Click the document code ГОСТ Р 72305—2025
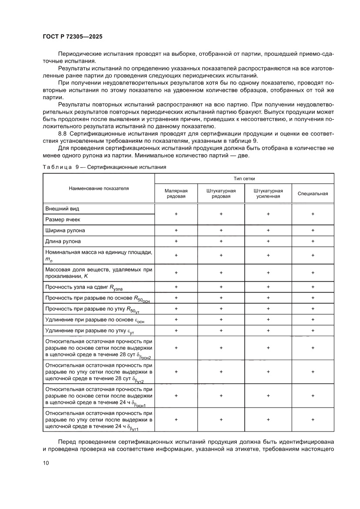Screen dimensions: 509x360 [73, 37]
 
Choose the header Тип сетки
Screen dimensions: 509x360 [245, 179]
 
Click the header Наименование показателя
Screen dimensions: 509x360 [99, 189]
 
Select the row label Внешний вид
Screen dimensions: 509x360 [62, 209]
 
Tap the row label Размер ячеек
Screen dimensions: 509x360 [63, 220]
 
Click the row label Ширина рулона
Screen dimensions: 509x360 [65, 230]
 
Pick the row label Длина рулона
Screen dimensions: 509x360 [63, 241]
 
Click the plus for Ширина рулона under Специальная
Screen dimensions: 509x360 [313, 230]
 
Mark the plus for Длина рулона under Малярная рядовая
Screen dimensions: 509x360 [176, 241]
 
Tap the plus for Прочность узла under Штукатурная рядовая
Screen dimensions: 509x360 [221, 287]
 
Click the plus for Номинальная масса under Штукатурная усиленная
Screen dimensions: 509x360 [268, 256]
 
